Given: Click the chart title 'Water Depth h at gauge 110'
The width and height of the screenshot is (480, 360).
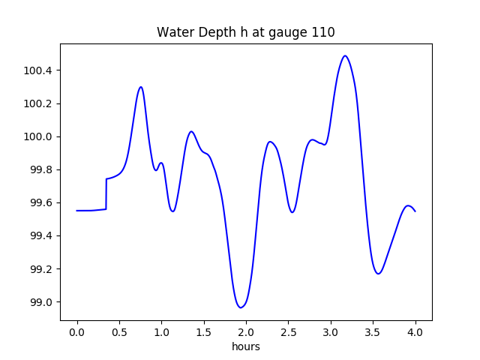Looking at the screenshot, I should [245, 32].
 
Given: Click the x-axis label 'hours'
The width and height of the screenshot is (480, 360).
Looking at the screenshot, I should [245, 346].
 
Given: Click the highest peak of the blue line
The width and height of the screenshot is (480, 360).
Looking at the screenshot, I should [345, 55].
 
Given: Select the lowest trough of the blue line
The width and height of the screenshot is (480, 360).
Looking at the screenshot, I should [241, 307].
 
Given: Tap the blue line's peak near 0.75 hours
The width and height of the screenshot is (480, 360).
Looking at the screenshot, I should [140, 87].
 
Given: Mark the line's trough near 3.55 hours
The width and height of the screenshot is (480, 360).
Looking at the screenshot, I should [378, 274].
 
